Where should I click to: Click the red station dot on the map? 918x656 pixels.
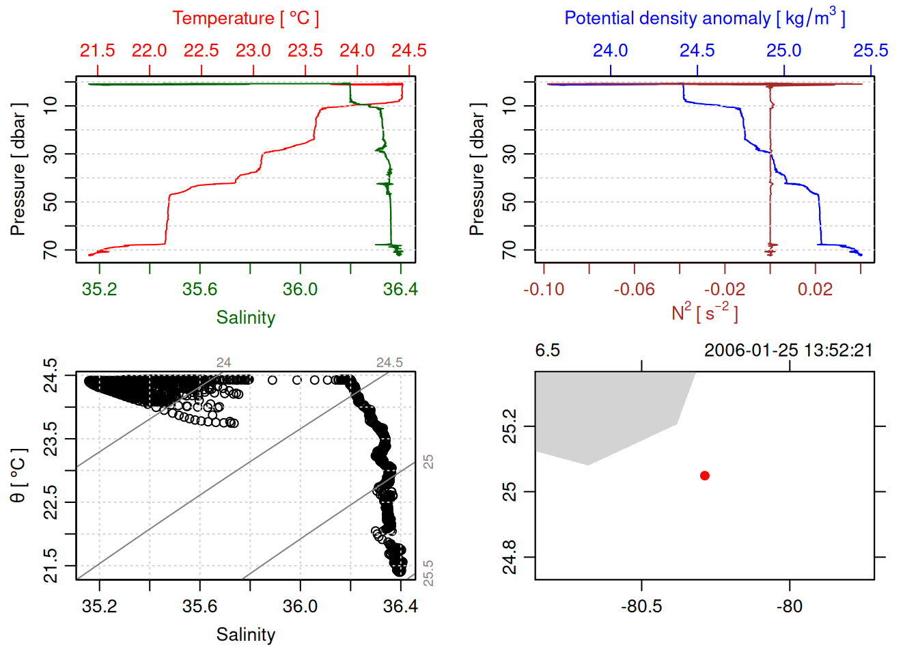[704, 476]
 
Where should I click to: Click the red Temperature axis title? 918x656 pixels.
[245, 18]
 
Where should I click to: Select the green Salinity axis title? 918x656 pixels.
[245, 318]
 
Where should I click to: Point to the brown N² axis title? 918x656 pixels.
[704, 312]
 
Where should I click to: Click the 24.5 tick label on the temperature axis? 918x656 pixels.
[408, 51]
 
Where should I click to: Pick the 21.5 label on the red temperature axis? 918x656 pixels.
[98, 51]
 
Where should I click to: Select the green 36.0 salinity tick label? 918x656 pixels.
[300, 289]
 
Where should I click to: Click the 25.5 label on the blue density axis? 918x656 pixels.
[870, 51]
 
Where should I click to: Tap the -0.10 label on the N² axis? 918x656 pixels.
[544, 289]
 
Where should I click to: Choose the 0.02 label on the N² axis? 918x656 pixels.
[815, 289]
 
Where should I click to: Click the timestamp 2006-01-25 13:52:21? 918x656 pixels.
[788, 351]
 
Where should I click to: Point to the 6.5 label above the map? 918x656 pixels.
[547, 351]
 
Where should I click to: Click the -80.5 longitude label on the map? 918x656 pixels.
[641, 606]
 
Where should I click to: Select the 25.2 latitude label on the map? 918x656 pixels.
[510, 426]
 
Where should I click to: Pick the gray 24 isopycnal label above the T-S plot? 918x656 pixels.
[223, 363]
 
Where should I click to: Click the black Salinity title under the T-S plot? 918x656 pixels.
[245, 635]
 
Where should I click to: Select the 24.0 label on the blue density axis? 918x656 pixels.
[610, 51]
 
